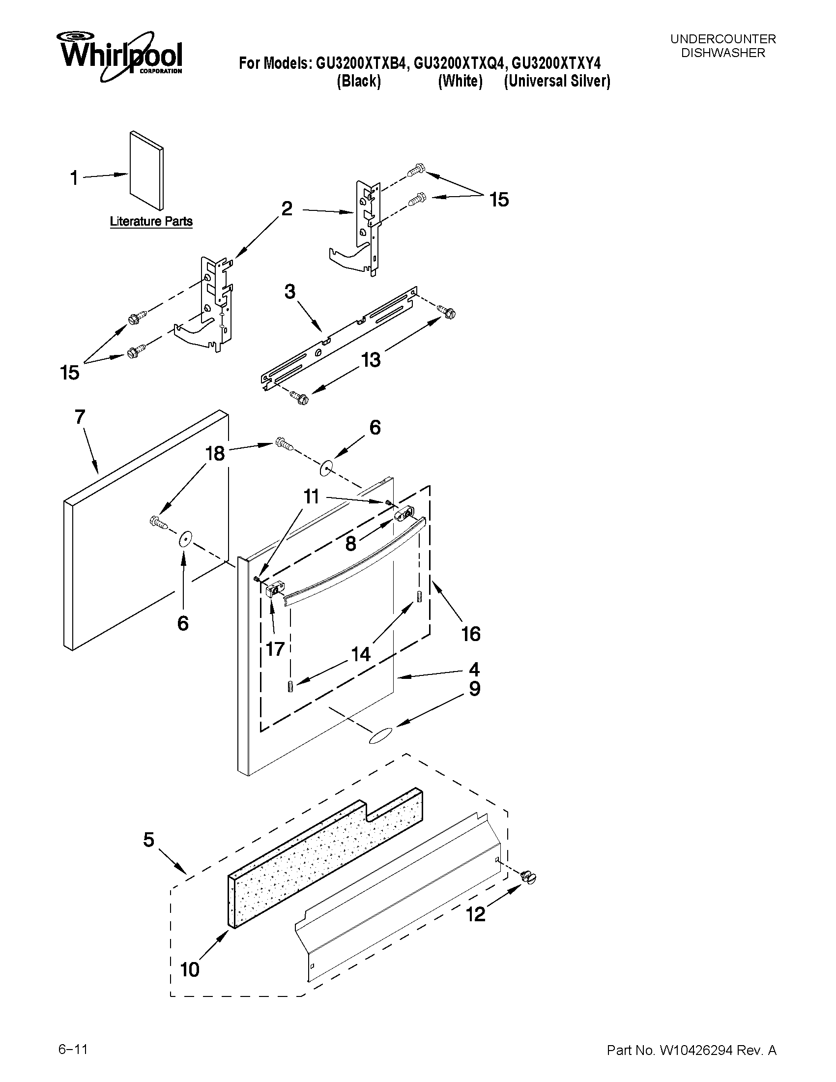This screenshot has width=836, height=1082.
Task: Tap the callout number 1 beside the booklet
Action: [x=74, y=178]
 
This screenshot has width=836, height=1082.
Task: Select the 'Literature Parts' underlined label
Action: [x=151, y=221]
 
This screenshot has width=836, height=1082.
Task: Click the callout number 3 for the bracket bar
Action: [x=290, y=292]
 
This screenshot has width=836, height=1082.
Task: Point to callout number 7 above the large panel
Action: [x=80, y=417]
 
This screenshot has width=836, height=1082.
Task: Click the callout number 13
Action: [x=371, y=360]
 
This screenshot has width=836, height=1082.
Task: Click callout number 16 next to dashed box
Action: [x=470, y=634]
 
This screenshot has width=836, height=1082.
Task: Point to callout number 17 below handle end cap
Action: [x=275, y=648]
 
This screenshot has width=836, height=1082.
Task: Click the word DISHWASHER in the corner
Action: [x=722, y=53]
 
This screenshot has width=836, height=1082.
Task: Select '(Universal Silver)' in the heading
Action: [x=557, y=81]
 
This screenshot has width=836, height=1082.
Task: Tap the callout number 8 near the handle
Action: [x=350, y=544]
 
